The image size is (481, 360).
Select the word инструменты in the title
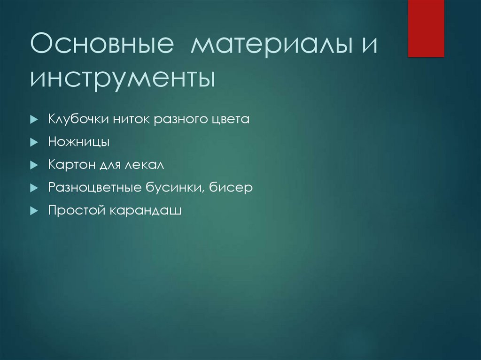[123, 78]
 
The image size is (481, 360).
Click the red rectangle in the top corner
[426, 28]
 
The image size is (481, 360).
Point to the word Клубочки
[78, 120]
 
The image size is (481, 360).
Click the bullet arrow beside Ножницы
[33, 142]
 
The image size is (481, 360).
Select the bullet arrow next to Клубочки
[33, 120]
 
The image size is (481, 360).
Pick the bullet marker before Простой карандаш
[33, 211]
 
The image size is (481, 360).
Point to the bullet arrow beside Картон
[33, 165]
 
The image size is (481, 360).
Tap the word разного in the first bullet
[177, 120]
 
